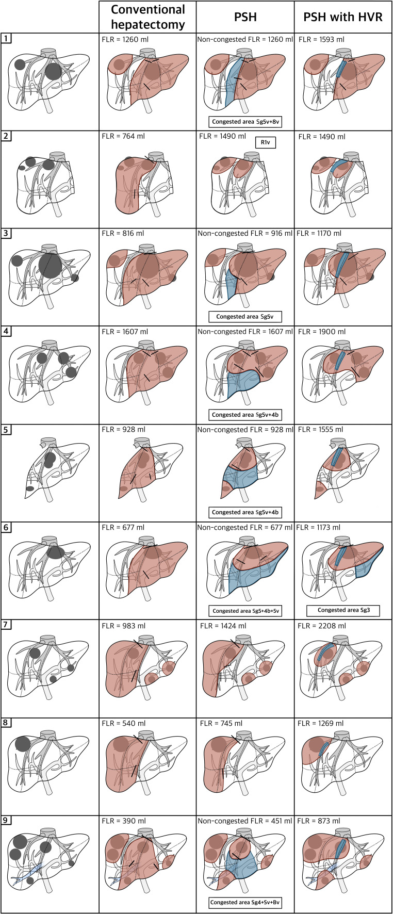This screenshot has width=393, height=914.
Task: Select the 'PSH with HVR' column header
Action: click(x=343, y=17)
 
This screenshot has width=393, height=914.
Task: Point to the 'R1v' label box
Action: click(x=266, y=142)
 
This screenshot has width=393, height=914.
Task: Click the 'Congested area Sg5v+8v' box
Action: click(x=245, y=122)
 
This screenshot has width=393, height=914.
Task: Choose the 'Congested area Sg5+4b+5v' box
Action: click(x=245, y=611)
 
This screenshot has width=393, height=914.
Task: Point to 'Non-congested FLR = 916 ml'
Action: click(x=245, y=234)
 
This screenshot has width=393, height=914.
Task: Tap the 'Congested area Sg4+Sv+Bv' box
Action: click(x=245, y=903)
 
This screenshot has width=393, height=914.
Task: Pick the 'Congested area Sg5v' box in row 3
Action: click(x=245, y=317)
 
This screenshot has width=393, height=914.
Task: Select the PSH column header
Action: click(x=245, y=17)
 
